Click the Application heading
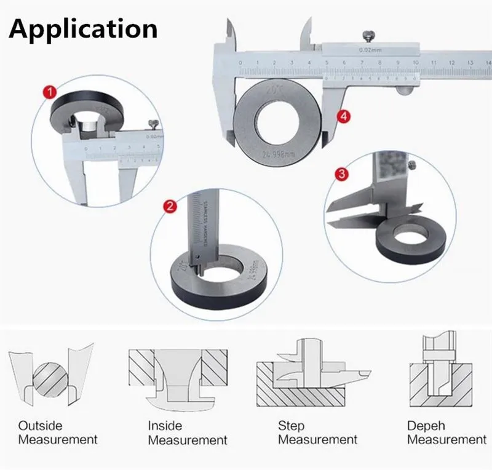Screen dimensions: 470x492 pyautogui.click(x=83, y=28)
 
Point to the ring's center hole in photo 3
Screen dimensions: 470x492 pyautogui.click(x=407, y=234)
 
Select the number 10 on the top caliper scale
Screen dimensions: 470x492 pyautogui.click(x=416, y=63)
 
